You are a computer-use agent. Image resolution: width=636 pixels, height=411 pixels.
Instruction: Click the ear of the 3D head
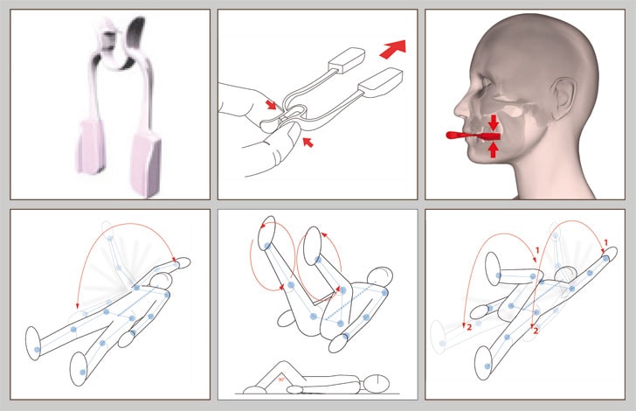pos(563,99)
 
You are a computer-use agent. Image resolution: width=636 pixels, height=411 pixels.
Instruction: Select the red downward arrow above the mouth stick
pos(493,122)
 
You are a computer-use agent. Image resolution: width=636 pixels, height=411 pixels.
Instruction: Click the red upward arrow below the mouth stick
pos(493,150)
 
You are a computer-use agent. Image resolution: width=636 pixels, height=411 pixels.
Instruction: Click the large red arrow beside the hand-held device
pos(392,49)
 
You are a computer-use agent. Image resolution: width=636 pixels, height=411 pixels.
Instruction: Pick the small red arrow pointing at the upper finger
pos(271,105)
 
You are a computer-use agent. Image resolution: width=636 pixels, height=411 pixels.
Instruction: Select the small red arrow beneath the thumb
pos(308,143)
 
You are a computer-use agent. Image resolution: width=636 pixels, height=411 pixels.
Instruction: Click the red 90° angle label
pos(280,380)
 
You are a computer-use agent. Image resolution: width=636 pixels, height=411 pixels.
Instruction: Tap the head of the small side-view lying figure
pos(377,382)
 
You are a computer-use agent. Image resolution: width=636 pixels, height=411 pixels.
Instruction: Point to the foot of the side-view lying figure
pos(255,390)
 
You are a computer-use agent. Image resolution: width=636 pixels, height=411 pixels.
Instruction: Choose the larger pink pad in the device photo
pos(146,164)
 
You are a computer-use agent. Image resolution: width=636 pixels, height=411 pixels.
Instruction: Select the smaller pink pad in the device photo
pos(91,146)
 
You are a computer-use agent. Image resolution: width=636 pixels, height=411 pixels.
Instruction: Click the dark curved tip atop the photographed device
pos(136,32)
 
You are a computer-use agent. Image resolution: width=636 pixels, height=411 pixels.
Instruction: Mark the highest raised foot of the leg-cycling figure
pos(267,233)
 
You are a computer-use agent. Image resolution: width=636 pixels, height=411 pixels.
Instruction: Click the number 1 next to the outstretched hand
pos(605,243)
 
